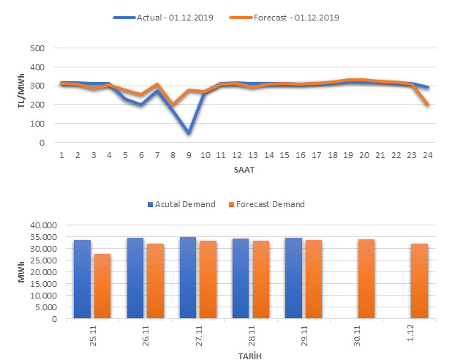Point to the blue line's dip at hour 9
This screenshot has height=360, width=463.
(189, 133)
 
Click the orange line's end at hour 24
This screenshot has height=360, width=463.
(428, 105)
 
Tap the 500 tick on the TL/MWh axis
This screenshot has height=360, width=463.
(37, 48)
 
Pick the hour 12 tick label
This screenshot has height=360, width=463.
(237, 155)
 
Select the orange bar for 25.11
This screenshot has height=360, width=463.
(102, 286)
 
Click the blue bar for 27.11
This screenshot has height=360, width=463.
(188, 277)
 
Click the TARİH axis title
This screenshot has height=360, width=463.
(249, 355)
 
